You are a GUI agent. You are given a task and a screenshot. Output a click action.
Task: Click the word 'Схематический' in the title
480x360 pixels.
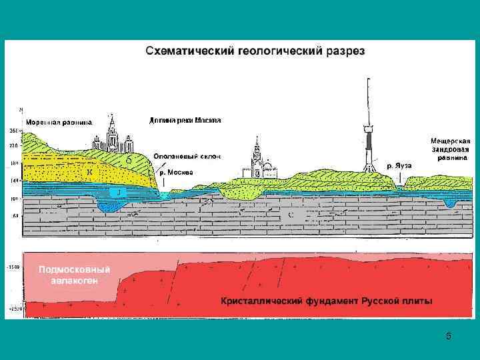[x=187, y=51]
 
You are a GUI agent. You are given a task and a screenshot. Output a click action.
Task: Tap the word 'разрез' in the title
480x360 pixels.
[x=344, y=51]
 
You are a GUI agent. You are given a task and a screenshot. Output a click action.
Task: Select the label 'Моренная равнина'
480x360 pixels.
[x=59, y=122]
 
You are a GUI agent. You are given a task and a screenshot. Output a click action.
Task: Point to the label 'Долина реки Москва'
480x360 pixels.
[x=185, y=120]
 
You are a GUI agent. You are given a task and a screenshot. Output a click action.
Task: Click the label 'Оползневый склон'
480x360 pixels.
[x=187, y=156]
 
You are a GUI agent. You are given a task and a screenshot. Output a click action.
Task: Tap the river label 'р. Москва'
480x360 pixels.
[x=176, y=172]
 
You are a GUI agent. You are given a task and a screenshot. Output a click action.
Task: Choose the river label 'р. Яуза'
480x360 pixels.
[x=399, y=165]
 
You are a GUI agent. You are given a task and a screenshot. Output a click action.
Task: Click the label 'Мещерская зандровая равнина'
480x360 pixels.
[x=450, y=149]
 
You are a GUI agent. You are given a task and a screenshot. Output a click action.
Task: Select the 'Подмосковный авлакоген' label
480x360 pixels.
[x=74, y=275]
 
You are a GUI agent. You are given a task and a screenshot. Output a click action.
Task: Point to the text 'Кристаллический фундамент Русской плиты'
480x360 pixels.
[x=326, y=301]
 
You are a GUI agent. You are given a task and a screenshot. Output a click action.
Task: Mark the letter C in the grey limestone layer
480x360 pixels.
[x=290, y=215]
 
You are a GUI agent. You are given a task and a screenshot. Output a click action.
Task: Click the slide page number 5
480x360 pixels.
[x=449, y=337]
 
